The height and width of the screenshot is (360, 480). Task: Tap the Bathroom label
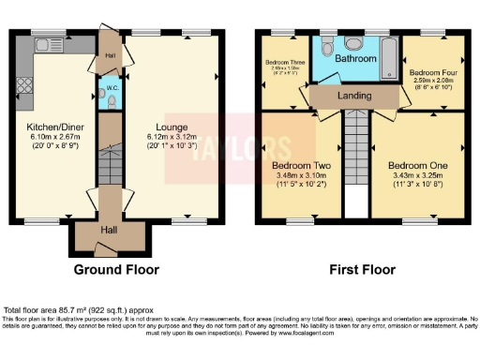click(357, 59)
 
